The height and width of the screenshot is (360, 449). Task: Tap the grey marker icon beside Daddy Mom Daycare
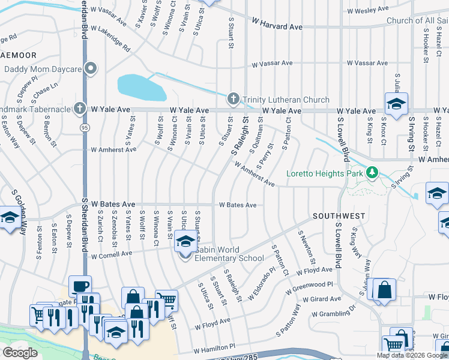(x=91, y=68)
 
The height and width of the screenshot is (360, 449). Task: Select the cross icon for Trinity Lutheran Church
(x=234, y=99)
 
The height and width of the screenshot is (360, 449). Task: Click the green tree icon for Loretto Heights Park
(x=372, y=173)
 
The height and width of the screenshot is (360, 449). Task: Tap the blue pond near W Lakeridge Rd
(x=142, y=88)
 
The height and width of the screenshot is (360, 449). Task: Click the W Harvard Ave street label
(x=277, y=27)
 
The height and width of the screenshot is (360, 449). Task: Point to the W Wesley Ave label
(x=366, y=11)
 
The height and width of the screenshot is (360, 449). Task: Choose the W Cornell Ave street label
(x=111, y=254)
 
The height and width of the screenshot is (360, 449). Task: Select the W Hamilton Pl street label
(x=215, y=347)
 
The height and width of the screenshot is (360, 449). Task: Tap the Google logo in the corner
(x=20, y=353)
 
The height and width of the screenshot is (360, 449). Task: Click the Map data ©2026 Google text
(x=411, y=355)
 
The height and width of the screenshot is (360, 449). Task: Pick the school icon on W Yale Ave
(x=396, y=104)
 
